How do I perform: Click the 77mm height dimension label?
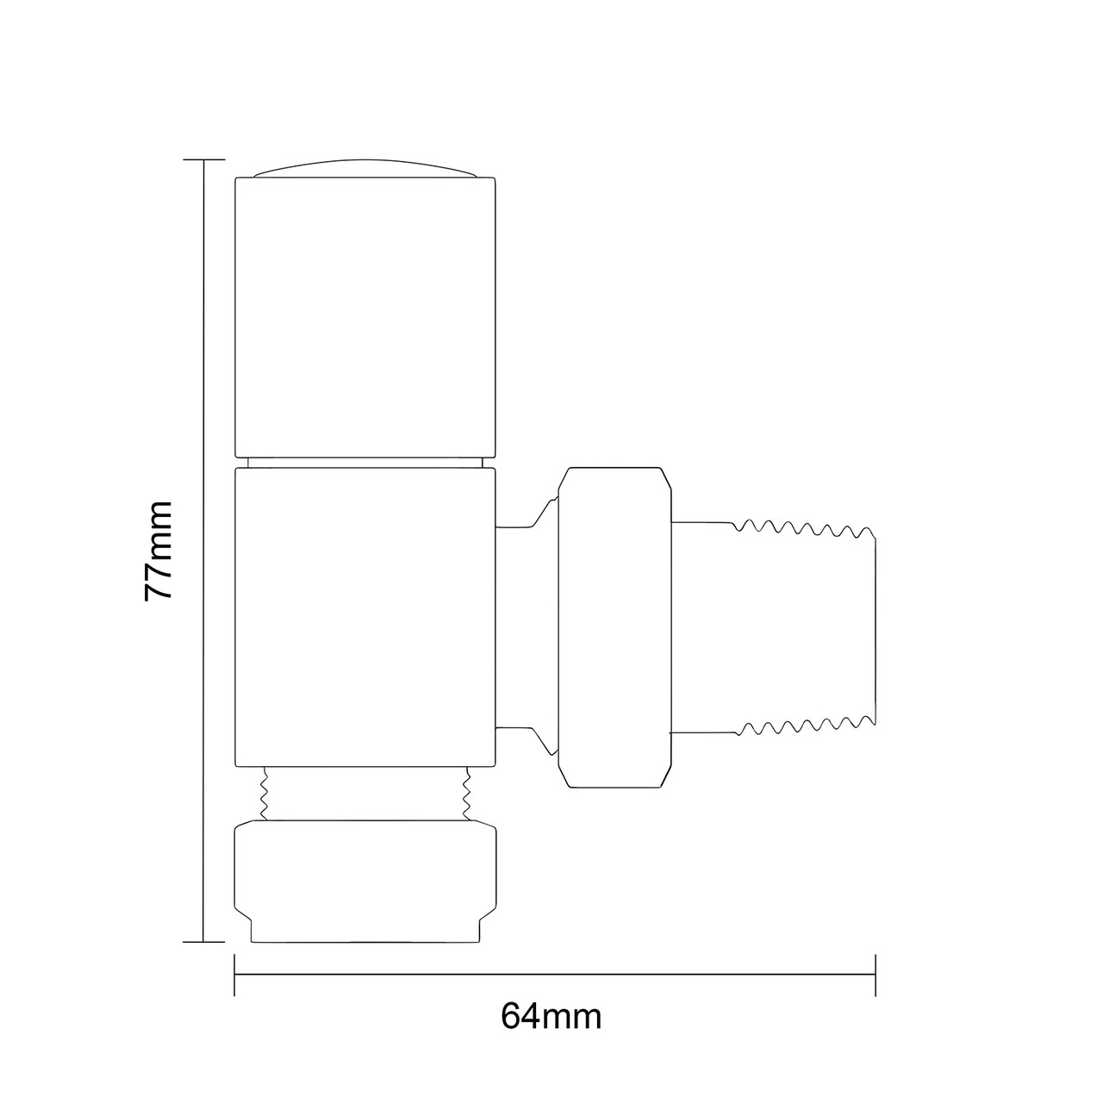(x=159, y=551)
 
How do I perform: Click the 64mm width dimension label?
(x=551, y=1017)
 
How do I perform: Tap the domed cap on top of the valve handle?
(x=365, y=169)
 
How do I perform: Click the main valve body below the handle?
(x=365, y=616)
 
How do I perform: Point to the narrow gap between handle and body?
(x=365, y=462)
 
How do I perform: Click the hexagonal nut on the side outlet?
(x=613, y=628)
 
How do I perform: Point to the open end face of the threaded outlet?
(x=875, y=628)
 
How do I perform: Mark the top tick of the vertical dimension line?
(x=203, y=160)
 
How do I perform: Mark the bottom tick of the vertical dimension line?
(x=203, y=943)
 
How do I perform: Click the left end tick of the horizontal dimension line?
(x=234, y=975)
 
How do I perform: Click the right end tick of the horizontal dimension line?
(x=876, y=975)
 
